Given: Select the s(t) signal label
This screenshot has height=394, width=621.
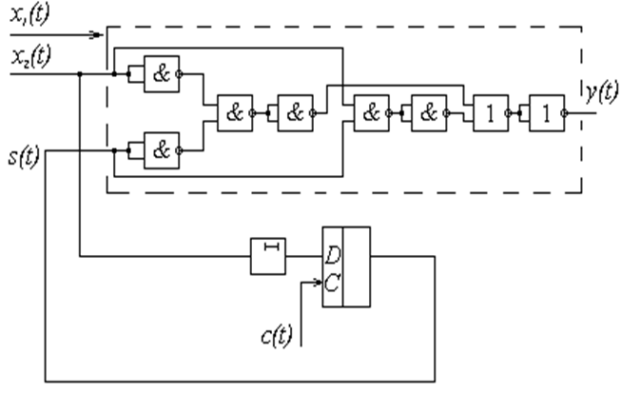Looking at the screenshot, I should coord(19,158).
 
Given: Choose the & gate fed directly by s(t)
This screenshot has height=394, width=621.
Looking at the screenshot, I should coord(162,149).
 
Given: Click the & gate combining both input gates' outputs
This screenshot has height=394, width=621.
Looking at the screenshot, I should coord(234,112).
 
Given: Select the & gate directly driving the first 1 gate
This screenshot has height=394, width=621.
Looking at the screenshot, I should coord(429,112).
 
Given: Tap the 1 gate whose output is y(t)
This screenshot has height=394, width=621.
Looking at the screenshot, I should coord(546,112).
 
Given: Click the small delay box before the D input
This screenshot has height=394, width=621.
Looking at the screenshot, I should coord(268,255).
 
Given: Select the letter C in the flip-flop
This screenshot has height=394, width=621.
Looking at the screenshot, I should coord(333,283).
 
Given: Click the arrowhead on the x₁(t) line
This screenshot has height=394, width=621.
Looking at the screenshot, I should coord(94,36).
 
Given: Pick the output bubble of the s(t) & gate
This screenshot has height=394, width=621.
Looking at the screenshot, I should coord(183,149).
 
